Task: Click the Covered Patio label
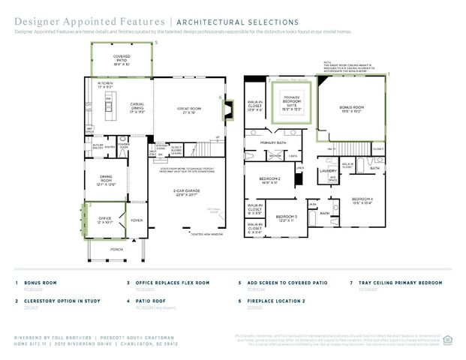pos(121,60)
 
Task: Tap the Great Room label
pos(188,111)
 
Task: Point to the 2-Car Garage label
pos(188,193)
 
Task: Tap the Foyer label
pos(137,220)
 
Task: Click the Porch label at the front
pos(117,248)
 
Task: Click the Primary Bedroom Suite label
pos(293,104)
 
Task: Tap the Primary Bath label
pos(273,142)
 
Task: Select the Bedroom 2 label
pos(269,180)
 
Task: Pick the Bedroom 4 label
pos(363,199)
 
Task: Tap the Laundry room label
pos(327,171)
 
